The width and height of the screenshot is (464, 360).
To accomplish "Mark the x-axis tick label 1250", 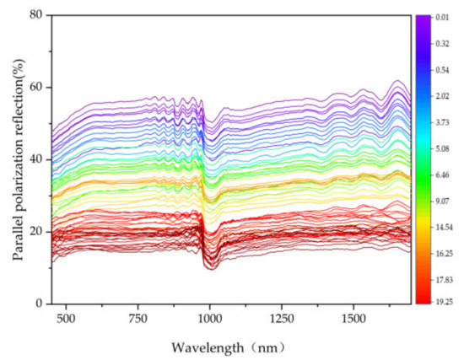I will point(281,320).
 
